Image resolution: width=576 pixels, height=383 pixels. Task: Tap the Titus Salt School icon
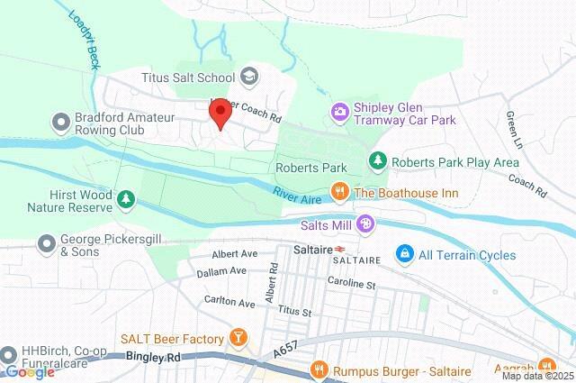[247, 78]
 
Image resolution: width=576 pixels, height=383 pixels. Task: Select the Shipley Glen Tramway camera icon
[340, 112]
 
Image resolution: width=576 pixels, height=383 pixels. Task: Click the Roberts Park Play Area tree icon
[378, 161]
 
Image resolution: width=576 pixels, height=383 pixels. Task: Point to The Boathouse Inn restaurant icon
[339, 190]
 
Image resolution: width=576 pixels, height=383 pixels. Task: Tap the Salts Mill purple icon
[365, 223]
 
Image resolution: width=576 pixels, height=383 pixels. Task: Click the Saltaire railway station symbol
[341, 249]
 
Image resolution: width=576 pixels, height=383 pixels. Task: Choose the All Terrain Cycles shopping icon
[404, 255]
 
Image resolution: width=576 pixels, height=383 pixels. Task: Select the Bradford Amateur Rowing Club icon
[61, 121]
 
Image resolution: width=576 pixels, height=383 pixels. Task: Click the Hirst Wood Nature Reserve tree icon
[127, 198]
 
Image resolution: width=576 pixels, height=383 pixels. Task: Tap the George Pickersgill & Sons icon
[46, 242]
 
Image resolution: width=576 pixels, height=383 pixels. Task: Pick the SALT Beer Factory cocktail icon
[238, 338]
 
